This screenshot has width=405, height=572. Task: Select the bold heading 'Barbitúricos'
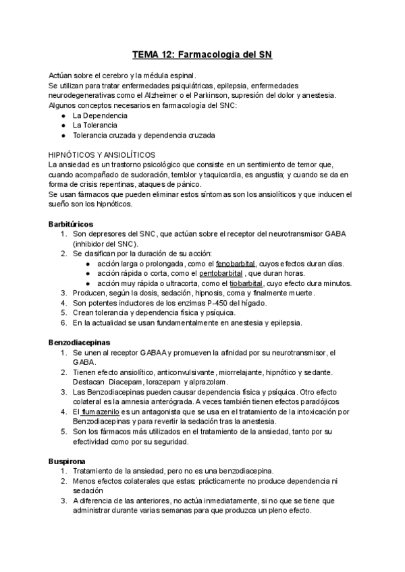point(71,223)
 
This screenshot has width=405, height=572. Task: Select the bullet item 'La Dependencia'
point(100,115)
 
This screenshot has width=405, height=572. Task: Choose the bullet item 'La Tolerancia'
point(95,125)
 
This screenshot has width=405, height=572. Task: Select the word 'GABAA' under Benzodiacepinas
point(154,353)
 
